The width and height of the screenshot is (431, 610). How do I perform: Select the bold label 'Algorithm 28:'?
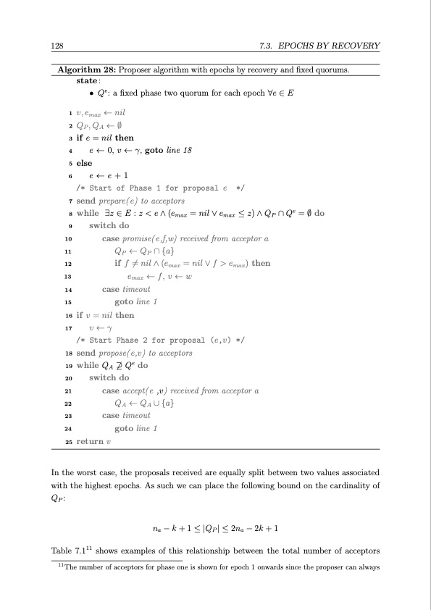[85, 70]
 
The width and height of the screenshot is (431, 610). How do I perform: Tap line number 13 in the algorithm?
[68, 275]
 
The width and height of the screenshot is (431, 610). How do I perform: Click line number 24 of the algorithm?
[67, 428]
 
